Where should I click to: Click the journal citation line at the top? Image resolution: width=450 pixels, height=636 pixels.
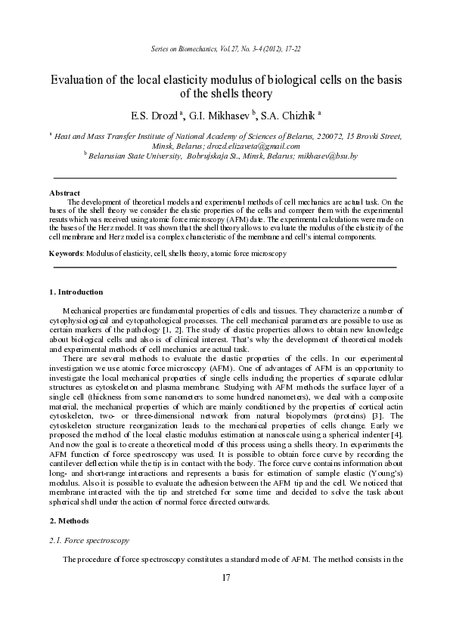coord(225,49)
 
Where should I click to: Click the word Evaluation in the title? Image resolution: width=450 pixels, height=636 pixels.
coord(79,80)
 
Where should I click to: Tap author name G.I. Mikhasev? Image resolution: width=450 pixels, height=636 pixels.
coord(220,115)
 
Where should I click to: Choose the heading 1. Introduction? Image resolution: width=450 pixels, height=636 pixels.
coord(76,292)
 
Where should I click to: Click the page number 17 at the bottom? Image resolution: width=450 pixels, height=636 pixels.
coord(225,579)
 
